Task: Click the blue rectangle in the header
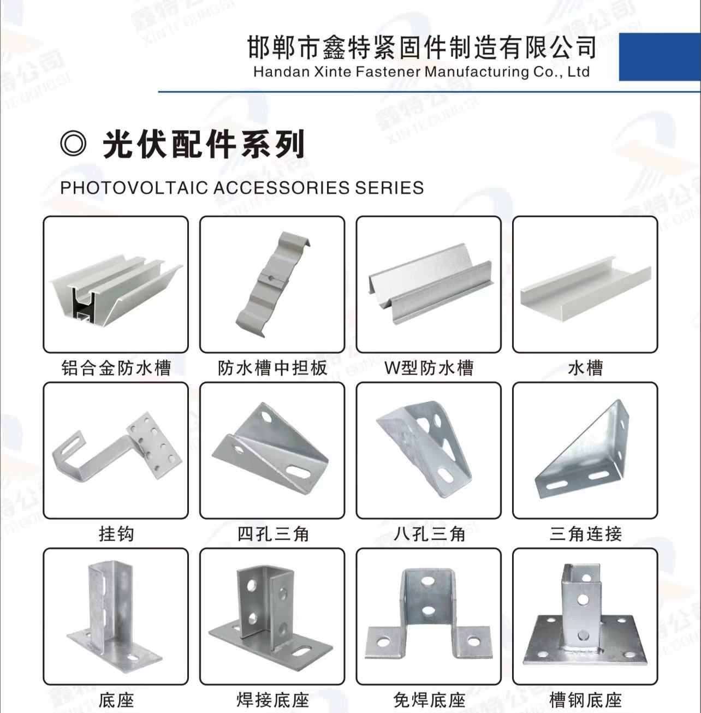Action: coord(660,57)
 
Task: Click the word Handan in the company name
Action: coord(281,72)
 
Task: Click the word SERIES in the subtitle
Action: coord(389,188)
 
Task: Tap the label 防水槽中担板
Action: coord(272,368)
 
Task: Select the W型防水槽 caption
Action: coord(429,368)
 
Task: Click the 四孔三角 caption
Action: coord(273,534)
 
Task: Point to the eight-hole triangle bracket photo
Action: coord(424,449)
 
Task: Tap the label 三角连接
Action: coord(586,534)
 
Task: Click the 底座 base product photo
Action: coord(114,614)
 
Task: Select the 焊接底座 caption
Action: coord(273,700)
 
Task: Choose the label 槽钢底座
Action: coord(586,700)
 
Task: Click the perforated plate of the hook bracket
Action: coord(153,445)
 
